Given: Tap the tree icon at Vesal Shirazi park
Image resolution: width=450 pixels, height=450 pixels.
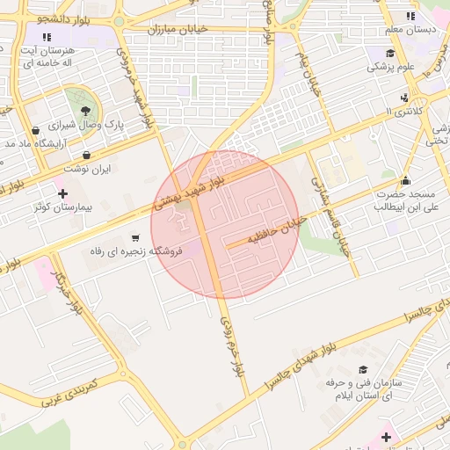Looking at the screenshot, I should click(x=85, y=111).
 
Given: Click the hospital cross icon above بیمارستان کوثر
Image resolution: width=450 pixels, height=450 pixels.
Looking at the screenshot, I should click(x=62, y=192).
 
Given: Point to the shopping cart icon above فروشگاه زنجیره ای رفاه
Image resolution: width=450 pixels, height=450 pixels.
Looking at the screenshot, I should click(x=135, y=236).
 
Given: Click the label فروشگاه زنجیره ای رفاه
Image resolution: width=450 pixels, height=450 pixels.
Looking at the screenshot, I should click(x=135, y=251).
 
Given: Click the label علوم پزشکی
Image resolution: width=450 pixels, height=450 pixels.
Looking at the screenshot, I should click(x=392, y=66).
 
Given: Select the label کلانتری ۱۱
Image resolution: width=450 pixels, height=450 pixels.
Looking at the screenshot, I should click(x=404, y=112).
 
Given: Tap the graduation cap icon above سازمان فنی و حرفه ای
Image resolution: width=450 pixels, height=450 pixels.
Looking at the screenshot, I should click(x=363, y=370).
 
